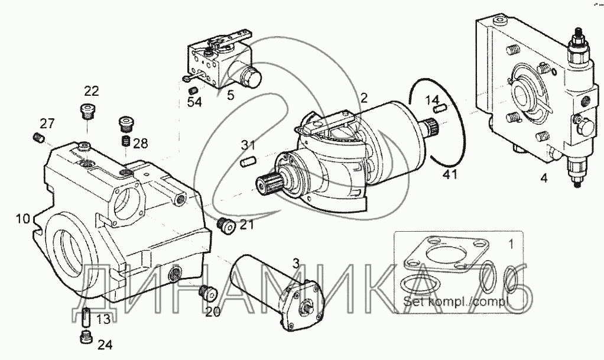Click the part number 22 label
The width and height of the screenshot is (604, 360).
pos(91,91)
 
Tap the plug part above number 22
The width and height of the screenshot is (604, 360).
pos(87,111)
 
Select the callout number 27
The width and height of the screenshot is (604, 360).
pos(47,124)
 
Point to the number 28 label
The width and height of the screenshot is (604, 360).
pos(141,144)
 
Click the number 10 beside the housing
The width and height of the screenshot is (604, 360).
pos(22,219)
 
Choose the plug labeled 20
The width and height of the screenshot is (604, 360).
pos(207,291)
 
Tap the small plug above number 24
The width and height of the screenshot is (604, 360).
pos(85,336)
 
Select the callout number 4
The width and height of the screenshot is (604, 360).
pos(544,176)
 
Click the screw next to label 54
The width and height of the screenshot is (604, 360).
pos(193,90)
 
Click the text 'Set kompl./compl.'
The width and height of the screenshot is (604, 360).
pos(456,303)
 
